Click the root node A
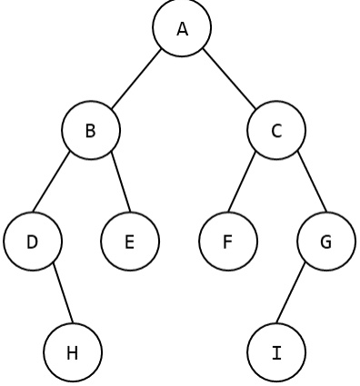click(x=182, y=28)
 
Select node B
click(x=91, y=130)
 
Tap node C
click(x=276, y=130)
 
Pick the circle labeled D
click(x=33, y=242)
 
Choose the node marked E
click(x=130, y=242)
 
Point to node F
click(x=228, y=242)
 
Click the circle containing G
click(x=326, y=242)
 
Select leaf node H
click(x=73, y=352)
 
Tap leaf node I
click(x=276, y=352)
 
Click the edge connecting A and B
click(x=136, y=79)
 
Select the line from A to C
click(x=229, y=79)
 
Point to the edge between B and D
click(x=52, y=181)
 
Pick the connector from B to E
click(x=121, y=182)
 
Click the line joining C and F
click(x=242, y=181)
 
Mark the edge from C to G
click(x=312, y=181)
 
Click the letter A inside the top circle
click(x=182, y=29)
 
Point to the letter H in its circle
click(x=73, y=352)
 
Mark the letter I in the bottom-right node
click(x=276, y=352)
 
